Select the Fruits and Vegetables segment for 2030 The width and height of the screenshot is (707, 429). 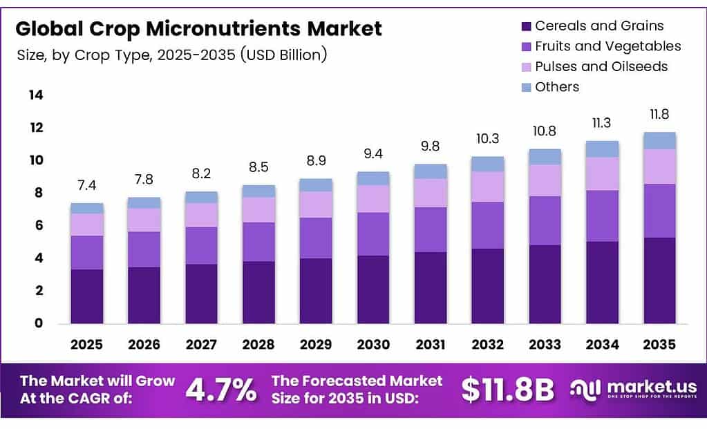coord(373,234)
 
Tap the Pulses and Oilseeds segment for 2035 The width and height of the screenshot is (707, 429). coord(659,166)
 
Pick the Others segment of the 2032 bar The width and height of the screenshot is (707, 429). coord(487,164)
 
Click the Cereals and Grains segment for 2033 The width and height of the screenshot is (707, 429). coord(545,284)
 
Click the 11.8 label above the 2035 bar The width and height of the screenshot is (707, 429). coord(659,115)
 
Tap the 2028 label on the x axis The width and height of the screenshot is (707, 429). coord(258,343)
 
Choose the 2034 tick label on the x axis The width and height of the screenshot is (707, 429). coord(602,343)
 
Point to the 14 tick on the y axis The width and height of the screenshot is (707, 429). coord(36,95)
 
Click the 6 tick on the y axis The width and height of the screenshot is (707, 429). coord(39,225)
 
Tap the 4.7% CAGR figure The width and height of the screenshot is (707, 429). coord(221,390)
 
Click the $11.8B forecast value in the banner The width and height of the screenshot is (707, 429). coord(508,390)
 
